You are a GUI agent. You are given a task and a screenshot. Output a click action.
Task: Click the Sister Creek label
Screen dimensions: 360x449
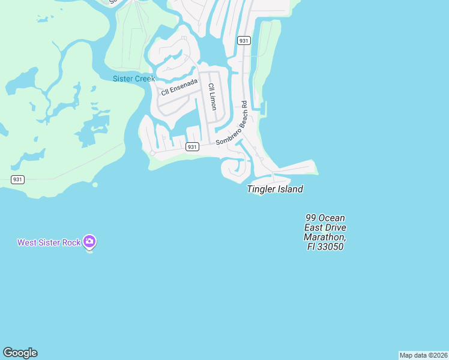134,79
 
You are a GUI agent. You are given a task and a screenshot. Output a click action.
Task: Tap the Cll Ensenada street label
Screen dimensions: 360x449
179,88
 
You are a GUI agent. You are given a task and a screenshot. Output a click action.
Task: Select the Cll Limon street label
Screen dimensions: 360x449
211,96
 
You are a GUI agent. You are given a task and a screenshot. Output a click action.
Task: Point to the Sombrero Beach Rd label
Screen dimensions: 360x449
232,123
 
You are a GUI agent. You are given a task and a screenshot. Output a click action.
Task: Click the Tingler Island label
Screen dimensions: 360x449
275,189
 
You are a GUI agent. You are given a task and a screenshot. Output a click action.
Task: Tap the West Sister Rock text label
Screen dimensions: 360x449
49,242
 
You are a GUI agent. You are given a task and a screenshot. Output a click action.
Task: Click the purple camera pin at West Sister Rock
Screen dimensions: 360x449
89,241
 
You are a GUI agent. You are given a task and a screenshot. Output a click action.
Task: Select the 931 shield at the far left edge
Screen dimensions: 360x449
18,179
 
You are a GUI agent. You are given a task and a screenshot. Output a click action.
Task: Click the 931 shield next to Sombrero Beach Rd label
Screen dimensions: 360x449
192,147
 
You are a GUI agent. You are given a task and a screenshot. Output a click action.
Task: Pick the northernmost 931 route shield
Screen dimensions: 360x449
243,40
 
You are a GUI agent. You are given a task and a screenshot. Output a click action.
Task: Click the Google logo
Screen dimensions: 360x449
20,353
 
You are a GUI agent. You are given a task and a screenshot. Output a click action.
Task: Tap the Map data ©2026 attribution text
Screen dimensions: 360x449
423,355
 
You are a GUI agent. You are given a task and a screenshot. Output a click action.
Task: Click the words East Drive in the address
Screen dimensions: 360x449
325,227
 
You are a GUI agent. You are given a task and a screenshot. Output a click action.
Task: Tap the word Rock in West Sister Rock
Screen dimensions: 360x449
71,242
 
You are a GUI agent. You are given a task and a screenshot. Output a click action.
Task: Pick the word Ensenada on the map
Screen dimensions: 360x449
184,86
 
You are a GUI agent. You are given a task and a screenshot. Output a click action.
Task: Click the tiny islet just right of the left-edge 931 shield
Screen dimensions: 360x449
95,184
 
